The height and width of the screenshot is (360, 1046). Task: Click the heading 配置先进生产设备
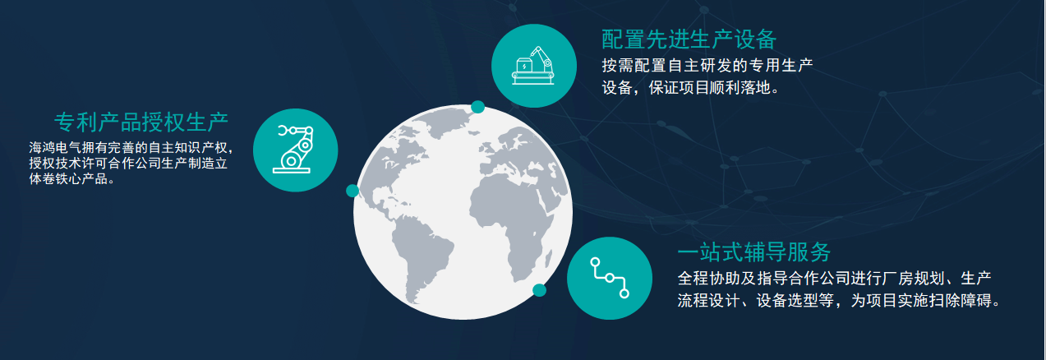[x=689, y=39]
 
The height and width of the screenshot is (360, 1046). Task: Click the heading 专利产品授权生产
[x=141, y=122]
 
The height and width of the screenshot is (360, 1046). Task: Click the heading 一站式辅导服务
[x=754, y=252]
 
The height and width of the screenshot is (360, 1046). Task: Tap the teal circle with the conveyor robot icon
[x=532, y=65]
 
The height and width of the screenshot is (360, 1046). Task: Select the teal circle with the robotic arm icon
[x=296, y=150]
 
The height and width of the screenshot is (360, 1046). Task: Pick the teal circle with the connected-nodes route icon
[x=609, y=278]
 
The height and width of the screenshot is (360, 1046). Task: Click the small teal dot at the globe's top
[x=477, y=107]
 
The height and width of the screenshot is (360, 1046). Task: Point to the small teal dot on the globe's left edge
[x=353, y=191]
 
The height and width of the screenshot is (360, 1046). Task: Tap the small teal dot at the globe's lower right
[x=540, y=289]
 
